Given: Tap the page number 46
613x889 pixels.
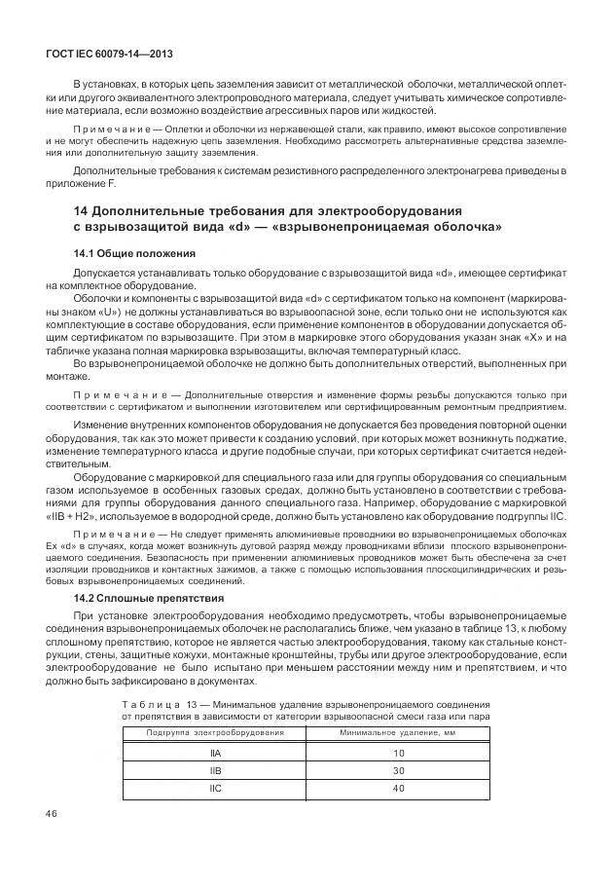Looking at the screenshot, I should pyautogui.click(x=54, y=813).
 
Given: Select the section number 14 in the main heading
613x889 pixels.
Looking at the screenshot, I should pyautogui.click(x=82, y=211).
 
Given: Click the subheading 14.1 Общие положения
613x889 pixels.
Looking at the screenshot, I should pyautogui.click(x=124, y=253).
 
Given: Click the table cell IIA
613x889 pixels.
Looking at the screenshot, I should pyautogui.click(x=215, y=754).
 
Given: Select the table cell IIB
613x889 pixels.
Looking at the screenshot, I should pyautogui.click(x=215, y=771).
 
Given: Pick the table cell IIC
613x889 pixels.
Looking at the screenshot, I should pyautogui.click(x=215, y=789).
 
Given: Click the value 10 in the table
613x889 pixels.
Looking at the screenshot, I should pyautogui.click(x=398, y=754).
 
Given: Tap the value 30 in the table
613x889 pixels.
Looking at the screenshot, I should pyautogui.click(x=398, y=771).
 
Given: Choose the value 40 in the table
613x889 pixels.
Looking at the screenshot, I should pyautogui.click(x=398, y=789).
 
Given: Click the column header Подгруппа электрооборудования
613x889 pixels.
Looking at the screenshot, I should pyautogui.click(x=215, y=732).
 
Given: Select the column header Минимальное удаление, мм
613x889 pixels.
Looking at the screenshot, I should pyautogui.click(x=398, y=732).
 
